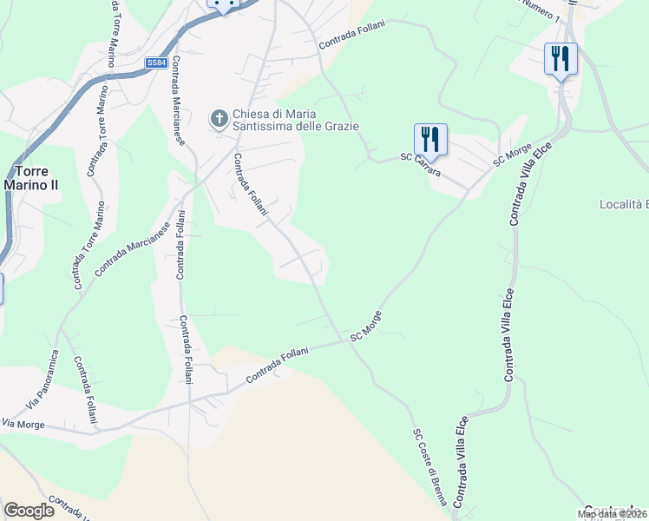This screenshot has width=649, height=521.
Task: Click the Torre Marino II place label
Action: click(x=26, y=177)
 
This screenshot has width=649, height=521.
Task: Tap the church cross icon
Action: click(x=220, y=117)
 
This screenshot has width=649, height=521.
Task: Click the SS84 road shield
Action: click(x=156, y=63)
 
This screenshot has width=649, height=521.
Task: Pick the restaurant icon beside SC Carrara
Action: click(x=430, y=138)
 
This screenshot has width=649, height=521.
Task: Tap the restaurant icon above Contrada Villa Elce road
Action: click(x=560, y=59)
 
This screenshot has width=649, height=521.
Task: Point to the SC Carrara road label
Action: click(x=420, y=164)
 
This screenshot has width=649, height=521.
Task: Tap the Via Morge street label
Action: click(x=23, y=423)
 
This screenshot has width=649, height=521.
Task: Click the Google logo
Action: click(x=29, y=511)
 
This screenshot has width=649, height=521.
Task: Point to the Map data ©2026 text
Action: click(x=613, y=514)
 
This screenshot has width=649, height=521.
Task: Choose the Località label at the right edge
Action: click(x=624, y=205)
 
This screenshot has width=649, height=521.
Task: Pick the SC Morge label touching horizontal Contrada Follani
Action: click(x=366, y=326)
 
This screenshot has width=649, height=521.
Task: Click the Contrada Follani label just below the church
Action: click(x=249, y=184)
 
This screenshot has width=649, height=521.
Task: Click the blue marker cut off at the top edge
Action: click(x=223, y=4)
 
